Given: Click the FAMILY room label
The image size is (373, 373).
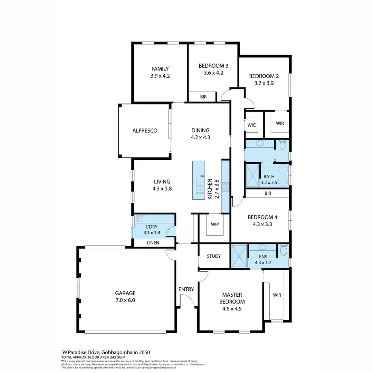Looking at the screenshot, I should coord(160,69).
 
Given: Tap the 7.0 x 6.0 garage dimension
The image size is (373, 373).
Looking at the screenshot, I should coord(125,300).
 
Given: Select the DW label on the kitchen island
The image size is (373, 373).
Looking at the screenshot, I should coord(202,176).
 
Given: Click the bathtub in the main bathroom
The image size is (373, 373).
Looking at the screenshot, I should coord(283,175).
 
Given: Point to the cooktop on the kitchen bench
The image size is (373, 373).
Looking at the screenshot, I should coord(226,187).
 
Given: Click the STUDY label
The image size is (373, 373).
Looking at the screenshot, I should coord(214,256).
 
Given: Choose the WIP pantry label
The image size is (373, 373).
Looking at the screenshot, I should coord(214,223).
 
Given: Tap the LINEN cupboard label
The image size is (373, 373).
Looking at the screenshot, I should coord(153,243).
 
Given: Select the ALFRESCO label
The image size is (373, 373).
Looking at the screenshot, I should coord(145,131).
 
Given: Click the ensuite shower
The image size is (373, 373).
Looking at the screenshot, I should coord(239,256).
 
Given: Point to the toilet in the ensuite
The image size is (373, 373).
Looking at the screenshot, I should coord(284,250).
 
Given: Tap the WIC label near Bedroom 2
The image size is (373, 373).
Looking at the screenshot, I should coord(251,125).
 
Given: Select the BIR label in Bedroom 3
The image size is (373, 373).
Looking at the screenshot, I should coord(203,97).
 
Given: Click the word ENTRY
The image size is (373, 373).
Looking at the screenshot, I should coord(186,289).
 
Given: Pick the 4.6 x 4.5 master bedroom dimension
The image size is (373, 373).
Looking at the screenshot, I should coord(232,309).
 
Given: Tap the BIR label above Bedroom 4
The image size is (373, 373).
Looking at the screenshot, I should coord(268,193).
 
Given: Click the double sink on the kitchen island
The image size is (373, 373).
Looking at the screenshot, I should coord(200,185).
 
